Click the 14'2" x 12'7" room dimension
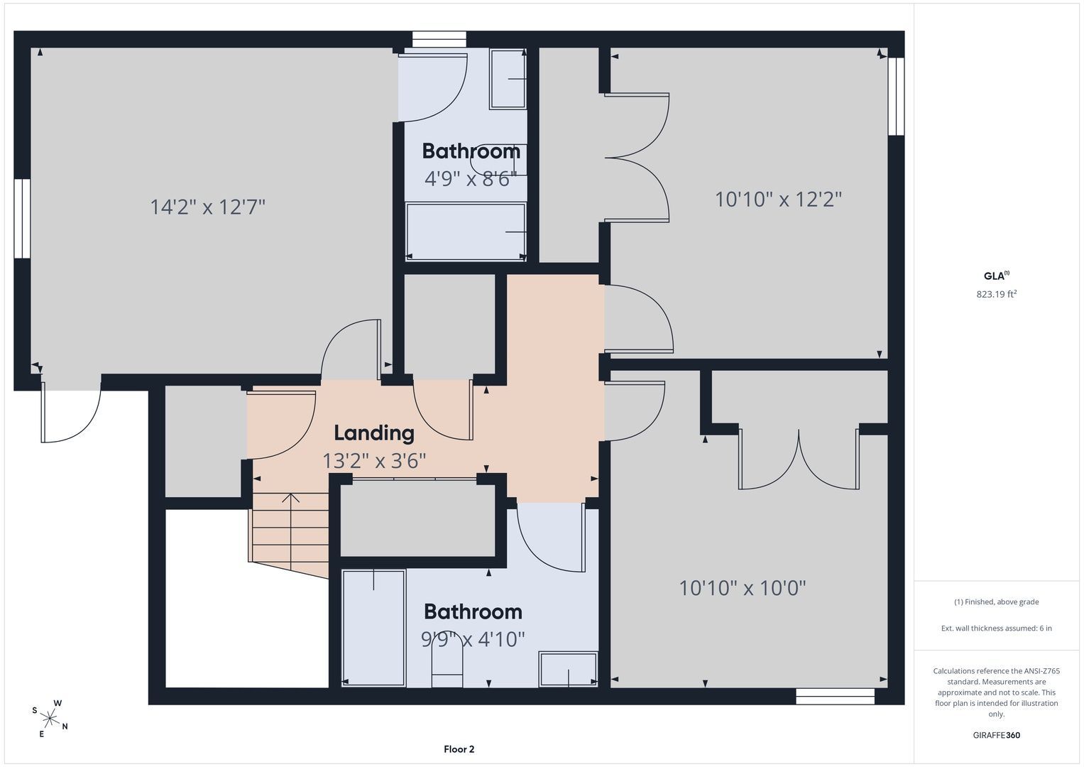click(x=207, y=207)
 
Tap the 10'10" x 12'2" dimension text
click(x=778, y=200)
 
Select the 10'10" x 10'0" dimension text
click(x=743, y=588)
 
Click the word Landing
click(x=374, y=433)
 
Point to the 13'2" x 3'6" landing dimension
click(x=374, y=461)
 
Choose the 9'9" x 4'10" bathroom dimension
click(x=473, y=639)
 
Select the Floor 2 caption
click(x=459, y=749)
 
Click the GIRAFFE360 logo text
click(x=997, y=735)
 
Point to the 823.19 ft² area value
click(x=997, y=294)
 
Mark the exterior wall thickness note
click(x=997, y=628)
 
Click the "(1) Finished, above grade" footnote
click(x=997, y=602)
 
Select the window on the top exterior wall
click(x=439, y=39)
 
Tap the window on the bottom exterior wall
click(x=836, y=696)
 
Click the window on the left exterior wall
click(x=22, y=219)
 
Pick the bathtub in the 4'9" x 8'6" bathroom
click(x=466, y=232)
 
